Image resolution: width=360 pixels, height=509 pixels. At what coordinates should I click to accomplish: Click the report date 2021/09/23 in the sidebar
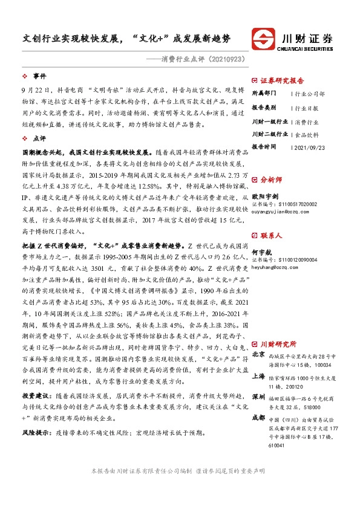tap(308, 147)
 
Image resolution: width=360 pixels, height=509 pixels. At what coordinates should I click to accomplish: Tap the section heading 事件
tap(39, 76)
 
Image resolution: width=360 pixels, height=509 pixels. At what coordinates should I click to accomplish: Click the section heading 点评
tap(39, 138)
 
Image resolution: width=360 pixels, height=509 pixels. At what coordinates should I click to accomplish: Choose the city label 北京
tap(258, 354)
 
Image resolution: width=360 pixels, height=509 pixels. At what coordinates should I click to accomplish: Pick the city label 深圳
tap(258, 395)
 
